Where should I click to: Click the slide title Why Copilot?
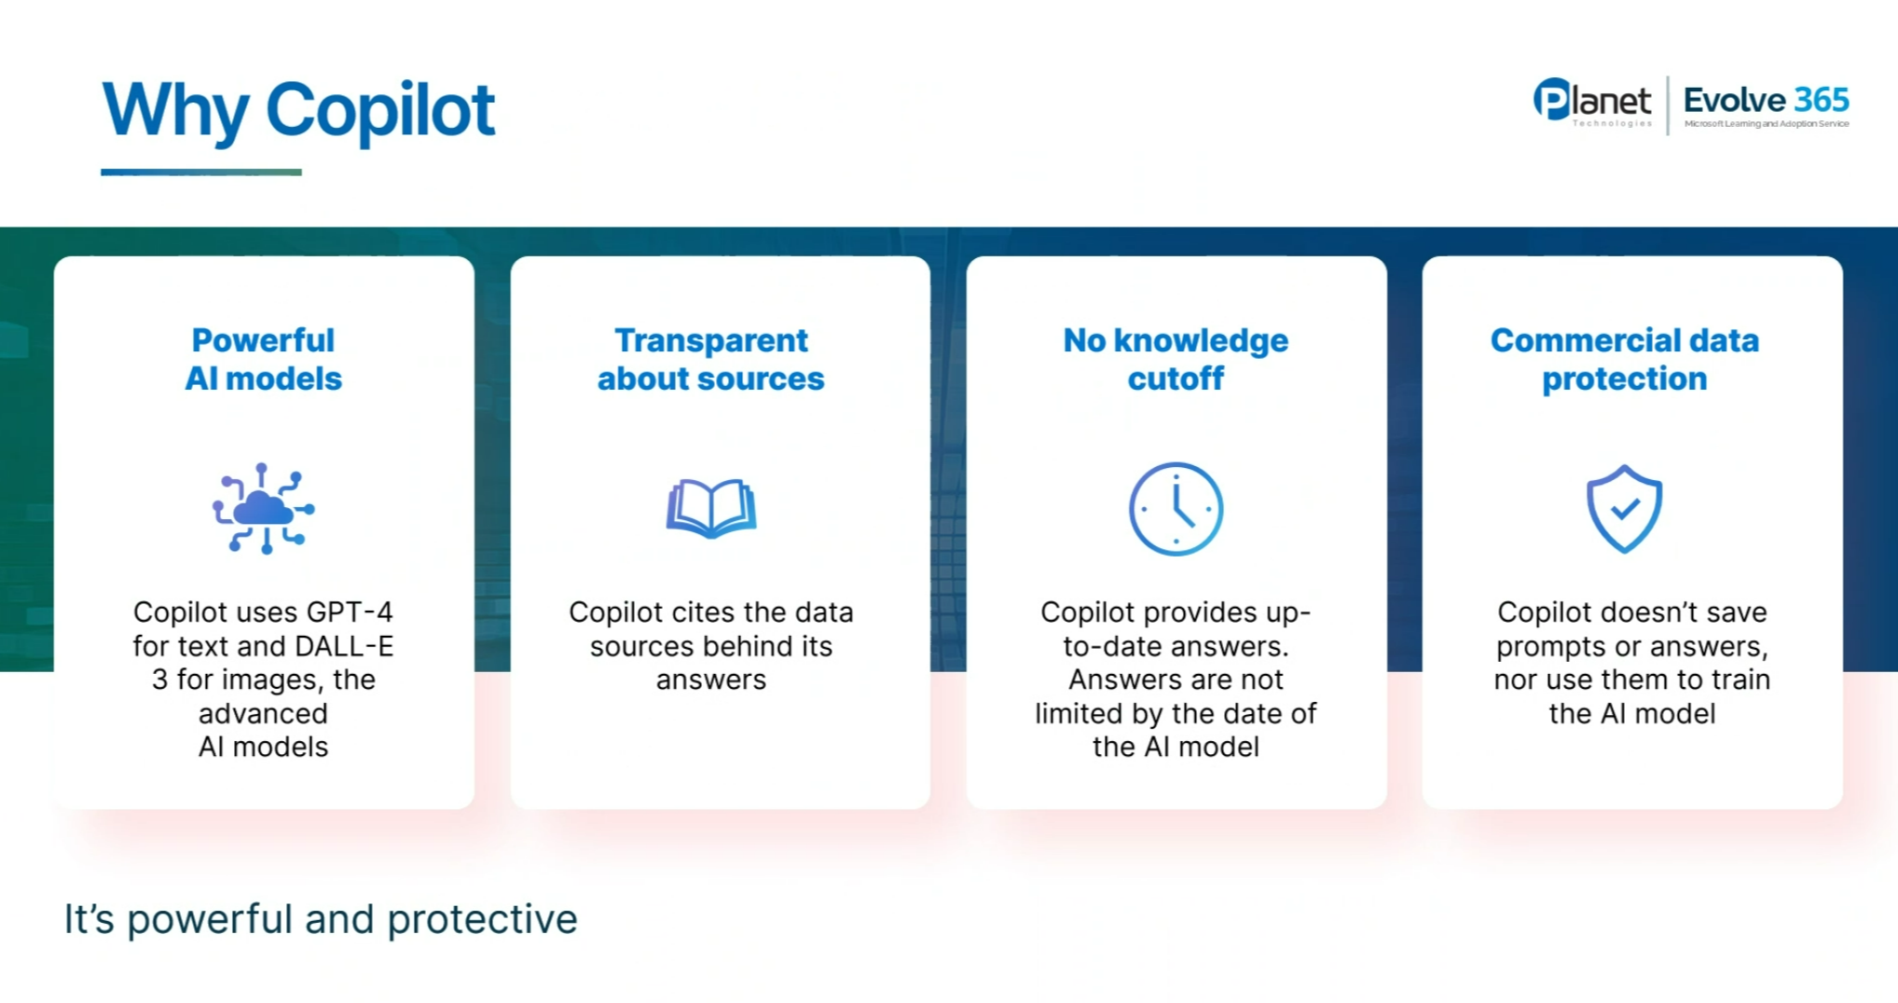[298, 111]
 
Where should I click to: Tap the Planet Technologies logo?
[1592, 102]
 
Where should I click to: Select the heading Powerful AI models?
[264, 360]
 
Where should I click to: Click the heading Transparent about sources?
[711, 360]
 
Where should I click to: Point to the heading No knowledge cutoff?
[1176, 360]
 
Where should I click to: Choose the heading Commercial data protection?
[1624, 360]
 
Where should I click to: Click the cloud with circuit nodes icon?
[264, 509]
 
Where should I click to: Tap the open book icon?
[711, 508]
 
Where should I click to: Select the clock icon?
[1176, 509]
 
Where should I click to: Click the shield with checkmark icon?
[1624, 509]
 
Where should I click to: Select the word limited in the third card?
[1079, 713]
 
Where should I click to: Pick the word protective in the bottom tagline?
[482, 919]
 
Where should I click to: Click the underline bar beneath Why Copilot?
[201, 172]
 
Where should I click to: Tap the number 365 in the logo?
[1822, 100]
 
